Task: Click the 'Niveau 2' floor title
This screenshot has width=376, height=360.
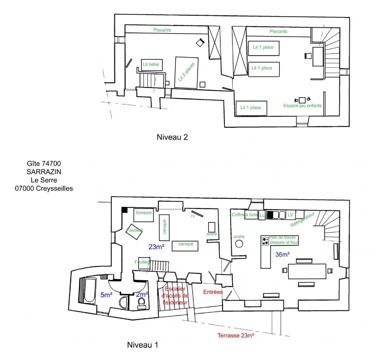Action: pos(172,137)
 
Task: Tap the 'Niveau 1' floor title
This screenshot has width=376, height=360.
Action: pos(142,345)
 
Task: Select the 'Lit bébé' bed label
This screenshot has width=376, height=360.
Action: pos(151,64)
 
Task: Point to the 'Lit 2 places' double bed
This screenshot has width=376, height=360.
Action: pos(187,72)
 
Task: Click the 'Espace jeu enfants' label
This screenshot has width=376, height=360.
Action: pos(302,106)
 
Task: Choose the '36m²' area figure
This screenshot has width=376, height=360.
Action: pos(282,254)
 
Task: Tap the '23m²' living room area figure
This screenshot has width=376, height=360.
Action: pos(156,247)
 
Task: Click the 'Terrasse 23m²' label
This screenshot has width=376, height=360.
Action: pos(236,335)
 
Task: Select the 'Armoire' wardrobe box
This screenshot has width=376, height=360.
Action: pos(143,215)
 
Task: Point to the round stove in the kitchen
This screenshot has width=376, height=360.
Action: pos(239,244)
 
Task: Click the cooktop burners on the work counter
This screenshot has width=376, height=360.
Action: pos(265,241)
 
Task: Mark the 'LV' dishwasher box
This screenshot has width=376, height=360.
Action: pos(291,215)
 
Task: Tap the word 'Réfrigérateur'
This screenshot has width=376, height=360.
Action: pos(302,219)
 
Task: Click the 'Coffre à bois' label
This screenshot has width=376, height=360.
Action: pos(245,215)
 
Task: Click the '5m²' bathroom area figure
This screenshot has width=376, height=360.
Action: pos(106,295)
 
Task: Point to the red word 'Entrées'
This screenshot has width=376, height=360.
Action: pos(213,292)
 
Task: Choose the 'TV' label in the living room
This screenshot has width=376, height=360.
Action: pos(193,216)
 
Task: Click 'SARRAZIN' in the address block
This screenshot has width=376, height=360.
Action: pos(44,172)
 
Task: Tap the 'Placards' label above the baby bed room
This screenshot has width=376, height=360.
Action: pos(162,30)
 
